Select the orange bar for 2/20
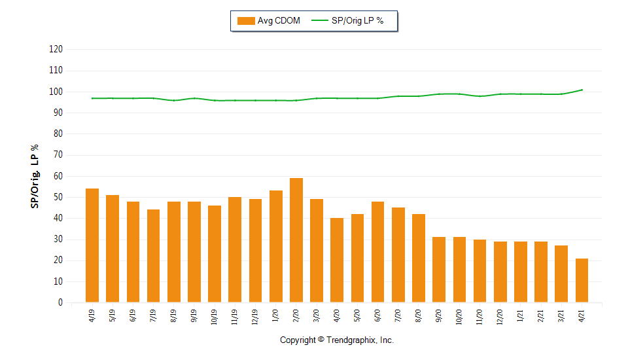pyautogui.click(x=296, y=240)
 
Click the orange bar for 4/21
pyautogui.click(x=582, y=280)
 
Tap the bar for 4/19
pyautogui.click(x=92, y=245)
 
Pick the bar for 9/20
pyautogui.click(x=439, y=270)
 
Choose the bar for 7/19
pyautogui.click(x=153, y=256)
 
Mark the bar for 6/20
pyautogui.click(x=377, y=252)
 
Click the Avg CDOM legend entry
pyautogui.click(x=269, y=21)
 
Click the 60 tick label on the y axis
pyautogui.click(x=58, y=176)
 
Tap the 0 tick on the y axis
pyautogui.click(x=60, y=302)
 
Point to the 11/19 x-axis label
pyautogui.click(x=235, y=317)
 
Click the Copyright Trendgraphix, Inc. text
pyautogui.click(x=337, y=340)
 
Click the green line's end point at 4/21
pyautogui.click(x=582, y=90)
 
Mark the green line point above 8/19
pyautogui.click(x=174, y=100)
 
